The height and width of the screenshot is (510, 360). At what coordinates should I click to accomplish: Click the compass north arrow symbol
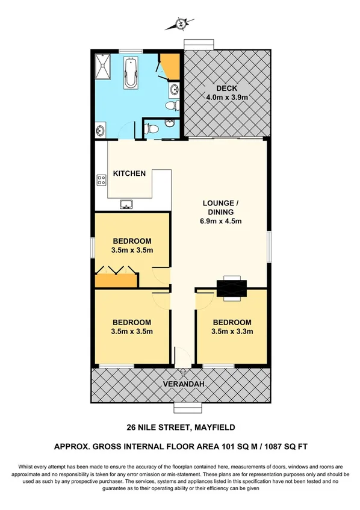pos(181,24)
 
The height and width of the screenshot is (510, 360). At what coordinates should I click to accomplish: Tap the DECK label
pos(223,88)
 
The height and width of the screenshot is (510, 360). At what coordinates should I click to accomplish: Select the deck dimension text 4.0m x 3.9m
pos(223,98)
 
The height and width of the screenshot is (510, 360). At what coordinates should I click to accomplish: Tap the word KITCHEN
pos(129,173)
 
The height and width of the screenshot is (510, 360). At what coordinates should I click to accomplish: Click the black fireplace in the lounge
pos(231,287)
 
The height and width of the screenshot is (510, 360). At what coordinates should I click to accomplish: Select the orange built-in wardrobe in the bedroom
pos(116,279)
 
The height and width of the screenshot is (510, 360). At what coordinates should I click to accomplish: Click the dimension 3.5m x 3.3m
pos(232,331)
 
